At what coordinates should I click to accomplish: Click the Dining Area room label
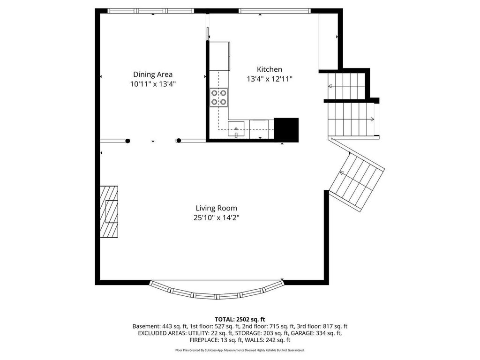pos(153,74)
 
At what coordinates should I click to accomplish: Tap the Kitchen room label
pos(269,69)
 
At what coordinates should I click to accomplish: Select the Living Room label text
pos(216,208)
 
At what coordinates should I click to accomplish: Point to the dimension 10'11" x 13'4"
pos(153,84)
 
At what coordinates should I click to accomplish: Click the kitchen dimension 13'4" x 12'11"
pos(270,79)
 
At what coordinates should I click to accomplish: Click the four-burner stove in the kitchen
pos(219,97)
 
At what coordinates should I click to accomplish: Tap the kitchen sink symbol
pos(237,128)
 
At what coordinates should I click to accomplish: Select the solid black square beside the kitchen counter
pos(286,129)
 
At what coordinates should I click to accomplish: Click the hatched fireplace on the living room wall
pos(109,212)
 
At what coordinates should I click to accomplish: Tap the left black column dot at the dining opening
pos(127,141)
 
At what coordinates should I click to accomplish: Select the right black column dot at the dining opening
pos(178,141)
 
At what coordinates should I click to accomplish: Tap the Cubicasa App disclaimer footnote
pos(240,350)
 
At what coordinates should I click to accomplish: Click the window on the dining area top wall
pos(150,10)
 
